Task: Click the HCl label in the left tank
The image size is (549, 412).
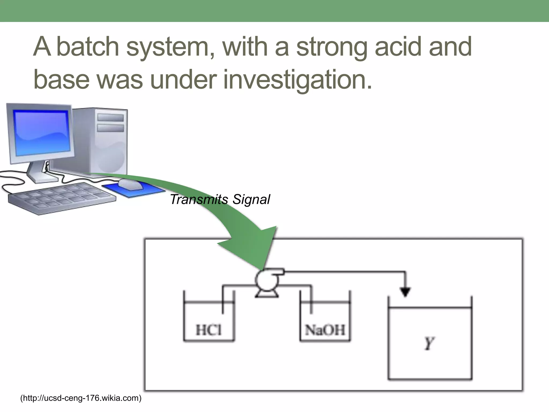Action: click(x=209, y=330)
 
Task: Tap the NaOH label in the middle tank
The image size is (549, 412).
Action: click(x=325, y=330)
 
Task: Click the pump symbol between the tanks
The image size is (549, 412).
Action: click(x=267, y=282)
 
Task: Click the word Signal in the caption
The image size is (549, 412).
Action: click(x=251, y=200)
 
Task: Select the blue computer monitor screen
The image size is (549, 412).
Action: click(x=42, y=133)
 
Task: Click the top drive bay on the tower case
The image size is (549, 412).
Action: click(x=110, y=117)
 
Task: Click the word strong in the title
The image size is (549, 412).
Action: click(x=331, y=47)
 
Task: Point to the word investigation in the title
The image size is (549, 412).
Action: click(x=297, y=79)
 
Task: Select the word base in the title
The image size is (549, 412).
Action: click(x=61, y=79)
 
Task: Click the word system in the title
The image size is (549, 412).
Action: click(x=170, y=47)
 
